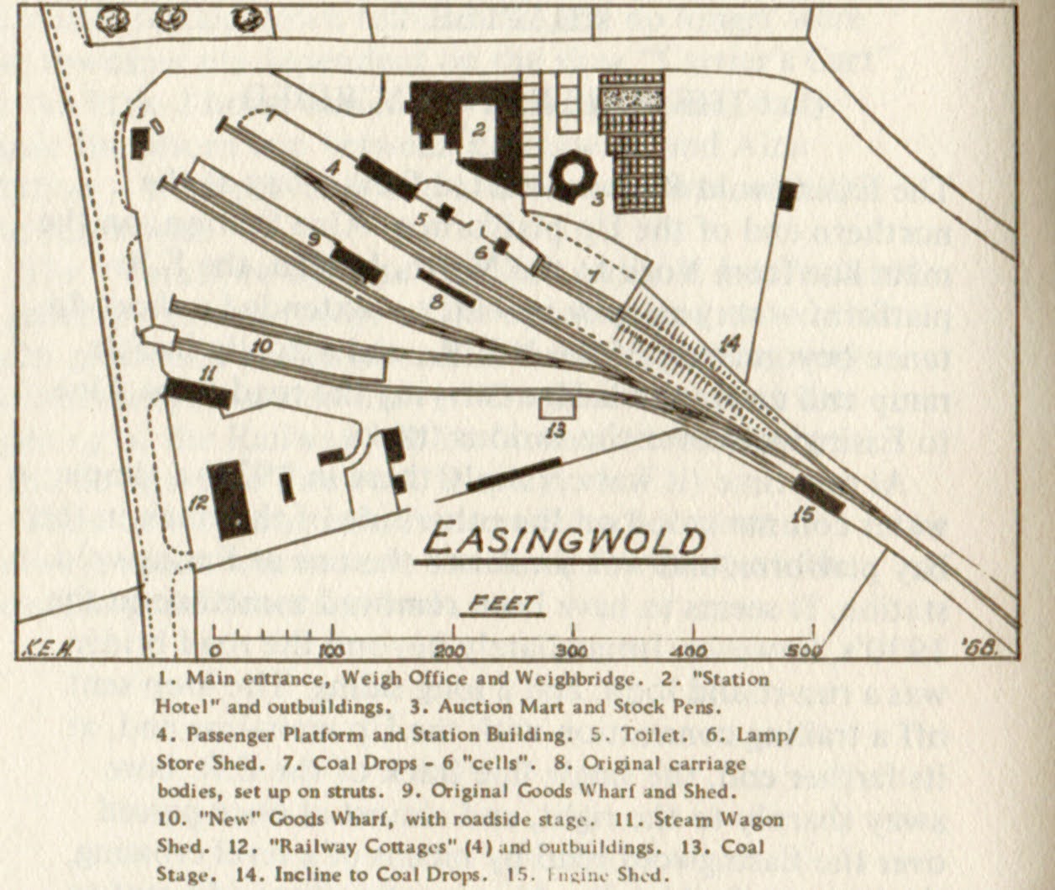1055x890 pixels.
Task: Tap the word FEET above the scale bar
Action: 502,603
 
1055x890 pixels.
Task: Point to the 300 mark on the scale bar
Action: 573,650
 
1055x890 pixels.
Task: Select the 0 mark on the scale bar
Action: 215,650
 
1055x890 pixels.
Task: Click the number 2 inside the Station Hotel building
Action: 479,129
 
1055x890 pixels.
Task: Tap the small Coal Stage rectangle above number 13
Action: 557,408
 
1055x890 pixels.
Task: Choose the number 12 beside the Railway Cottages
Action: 198,503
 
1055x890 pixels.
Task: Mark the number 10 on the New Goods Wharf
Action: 262,345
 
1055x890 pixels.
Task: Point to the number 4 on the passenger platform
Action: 333,168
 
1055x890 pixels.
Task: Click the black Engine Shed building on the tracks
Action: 818,494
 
